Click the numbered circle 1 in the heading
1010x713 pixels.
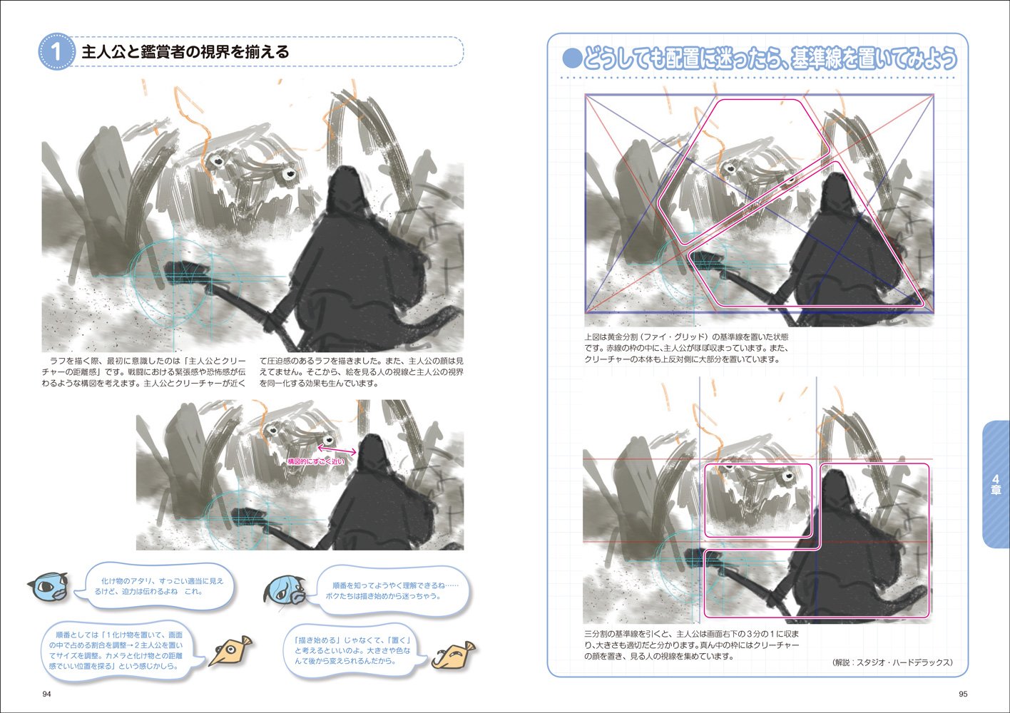click(56, 52)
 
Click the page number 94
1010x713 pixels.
click(46, 694)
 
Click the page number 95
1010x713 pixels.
click(963, 694)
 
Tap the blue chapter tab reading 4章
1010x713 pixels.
click(996, 484)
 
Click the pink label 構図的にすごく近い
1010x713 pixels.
click(316, 461)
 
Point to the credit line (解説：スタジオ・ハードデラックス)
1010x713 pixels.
click(893, 662)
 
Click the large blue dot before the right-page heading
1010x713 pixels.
click(572, 59)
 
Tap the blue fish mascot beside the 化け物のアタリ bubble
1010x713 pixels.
click(47, 588)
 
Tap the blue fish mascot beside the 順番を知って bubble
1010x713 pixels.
click(285, 590)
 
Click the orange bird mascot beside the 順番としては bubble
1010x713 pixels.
click(230, 651)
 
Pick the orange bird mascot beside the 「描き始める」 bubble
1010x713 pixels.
click(454, 655)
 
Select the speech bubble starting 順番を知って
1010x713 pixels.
click(392, 591)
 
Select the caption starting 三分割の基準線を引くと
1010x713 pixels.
click(692, 645)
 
